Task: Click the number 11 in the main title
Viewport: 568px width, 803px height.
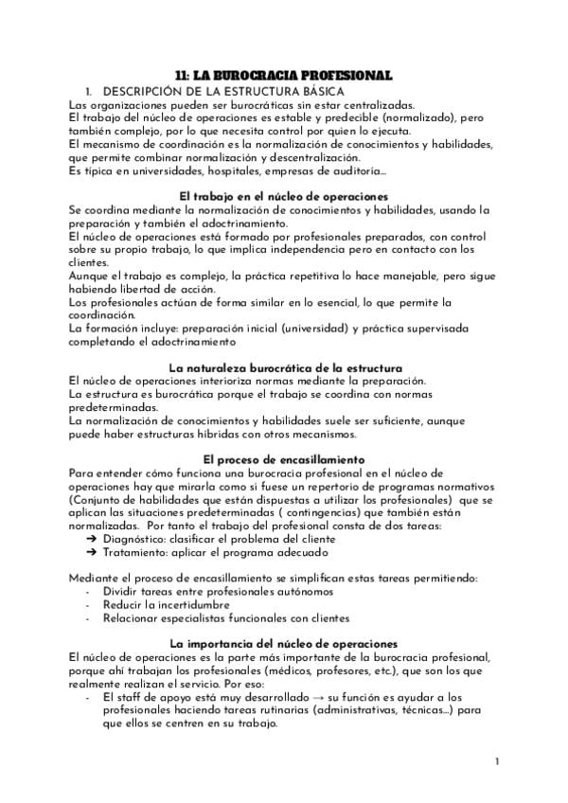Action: (x=186, y=75)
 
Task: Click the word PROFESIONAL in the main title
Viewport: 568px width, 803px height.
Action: (x=350, y=75)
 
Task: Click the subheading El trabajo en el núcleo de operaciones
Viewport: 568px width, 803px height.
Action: (x=284, y=195)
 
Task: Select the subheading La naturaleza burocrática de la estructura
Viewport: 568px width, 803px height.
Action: (x=284, y=366)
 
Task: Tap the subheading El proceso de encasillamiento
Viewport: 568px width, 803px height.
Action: (x=284, y=459)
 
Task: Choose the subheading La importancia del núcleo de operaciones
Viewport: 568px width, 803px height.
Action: (x=284, y=643)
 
